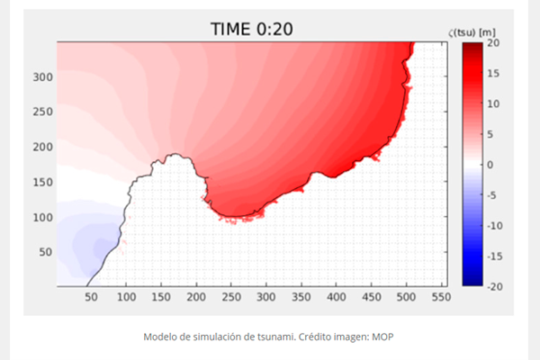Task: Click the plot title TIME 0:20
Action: pos(251,29)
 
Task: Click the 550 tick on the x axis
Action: pos(440,295)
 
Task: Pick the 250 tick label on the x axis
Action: pos(230,295)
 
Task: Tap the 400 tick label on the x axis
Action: pos(336,295)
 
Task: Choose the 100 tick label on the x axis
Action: pos(126,295)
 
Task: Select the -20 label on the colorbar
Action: pos(495,286)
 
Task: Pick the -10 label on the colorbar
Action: pos(495,226)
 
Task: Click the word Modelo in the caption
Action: pos(161,337)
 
